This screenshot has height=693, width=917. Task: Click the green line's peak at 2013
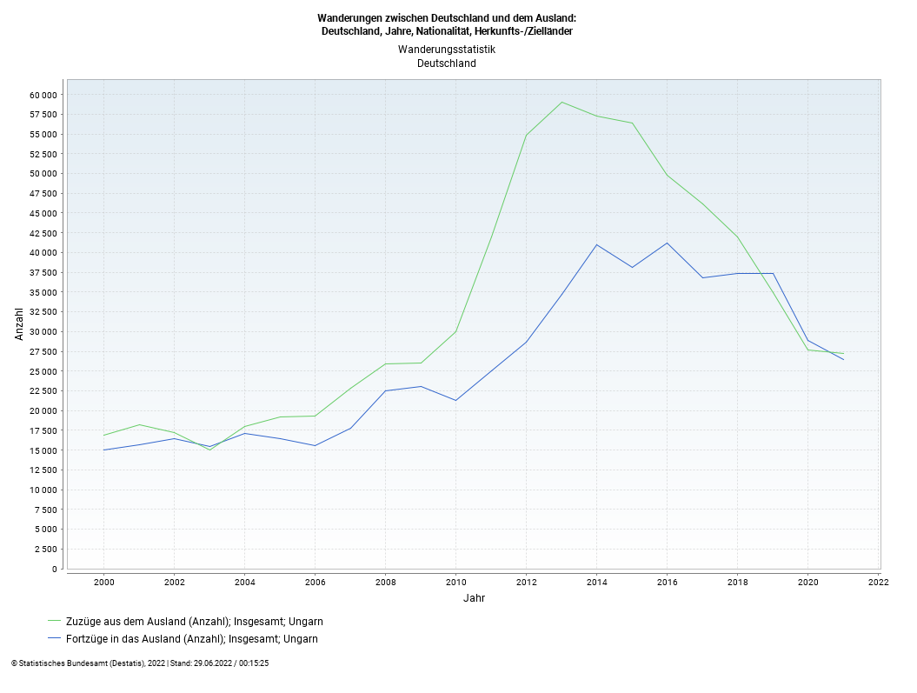click(x=561, y=103)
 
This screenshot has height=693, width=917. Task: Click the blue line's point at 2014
click(x=596, y=244)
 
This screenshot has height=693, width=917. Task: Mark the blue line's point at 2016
click(x=667, y=243)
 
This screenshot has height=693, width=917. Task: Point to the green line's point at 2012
click(x=526, y=135)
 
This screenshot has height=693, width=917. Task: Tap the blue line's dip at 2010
click(x=455, y=400)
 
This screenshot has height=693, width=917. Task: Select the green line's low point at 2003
click(x=209, y=450)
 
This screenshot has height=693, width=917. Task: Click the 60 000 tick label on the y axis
click(x=43, y=95)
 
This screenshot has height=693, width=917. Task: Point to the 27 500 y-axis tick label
click(x=43, y=352)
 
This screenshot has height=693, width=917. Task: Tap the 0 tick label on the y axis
click(x=55, y=570)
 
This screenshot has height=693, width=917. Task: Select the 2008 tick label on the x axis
click(x=385, y=582)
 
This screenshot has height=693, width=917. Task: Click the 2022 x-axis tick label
click(x=878, y=582)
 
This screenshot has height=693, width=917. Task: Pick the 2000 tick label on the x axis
click(x=103, y=582)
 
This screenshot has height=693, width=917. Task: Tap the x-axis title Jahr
click(x=474, y=598)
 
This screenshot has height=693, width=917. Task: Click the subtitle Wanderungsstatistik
click(x=447, y=50)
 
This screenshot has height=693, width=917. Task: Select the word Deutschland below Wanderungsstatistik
click(x=447, y=63)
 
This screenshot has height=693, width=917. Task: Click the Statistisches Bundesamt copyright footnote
click(x=140, y=663)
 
